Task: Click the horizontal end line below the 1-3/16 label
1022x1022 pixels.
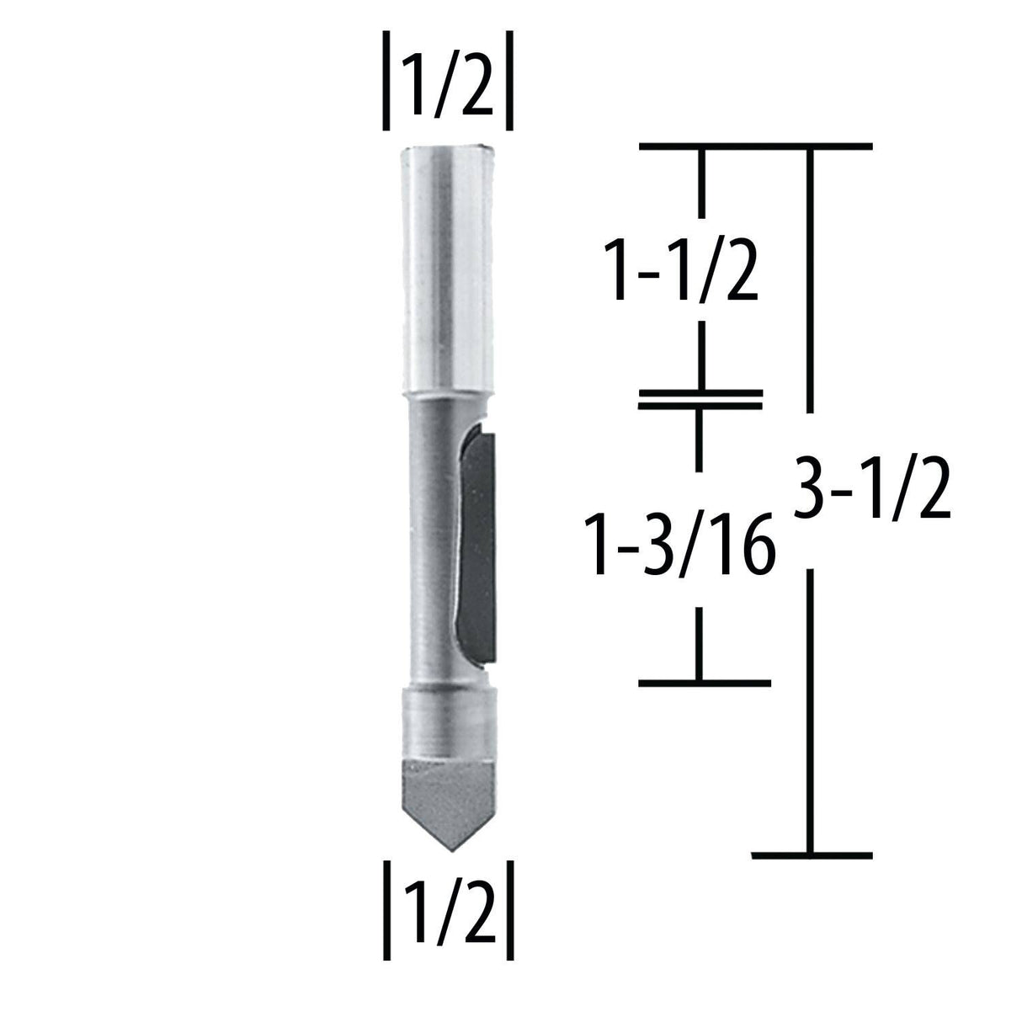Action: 704,681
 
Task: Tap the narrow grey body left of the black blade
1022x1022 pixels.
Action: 431,539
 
